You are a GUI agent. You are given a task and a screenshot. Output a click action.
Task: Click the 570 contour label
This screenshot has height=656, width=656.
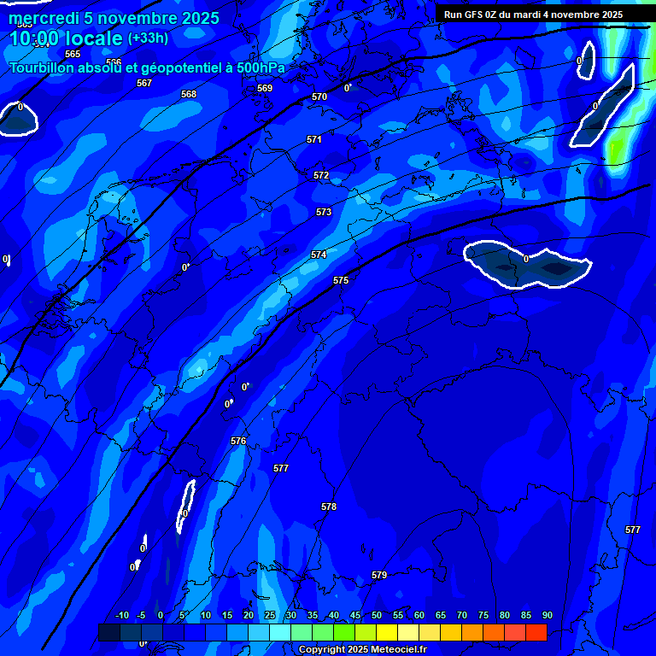click(319, 97)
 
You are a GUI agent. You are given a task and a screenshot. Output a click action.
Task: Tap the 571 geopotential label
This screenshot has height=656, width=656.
click(314, 139)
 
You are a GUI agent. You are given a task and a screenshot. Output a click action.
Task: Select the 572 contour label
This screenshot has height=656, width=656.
click(321, 175)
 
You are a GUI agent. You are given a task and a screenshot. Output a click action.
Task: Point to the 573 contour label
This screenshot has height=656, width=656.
click(324, 212)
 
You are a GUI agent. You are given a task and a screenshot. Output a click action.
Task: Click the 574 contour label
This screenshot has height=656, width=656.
click(319, 255)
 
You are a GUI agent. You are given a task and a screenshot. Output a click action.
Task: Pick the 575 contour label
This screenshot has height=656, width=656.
click(341, 280)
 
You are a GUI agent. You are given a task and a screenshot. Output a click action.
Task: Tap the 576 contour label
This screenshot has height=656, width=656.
click(238, 441)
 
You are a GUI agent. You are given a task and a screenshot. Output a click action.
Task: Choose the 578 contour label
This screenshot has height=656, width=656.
click(329, 507)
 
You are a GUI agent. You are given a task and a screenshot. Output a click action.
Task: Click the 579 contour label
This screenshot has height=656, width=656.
click(379, 575)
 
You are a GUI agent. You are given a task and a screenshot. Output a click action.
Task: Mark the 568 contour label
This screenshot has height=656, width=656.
click(189, 94)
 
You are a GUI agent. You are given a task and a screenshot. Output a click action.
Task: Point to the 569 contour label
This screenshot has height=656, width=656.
click(265, 88)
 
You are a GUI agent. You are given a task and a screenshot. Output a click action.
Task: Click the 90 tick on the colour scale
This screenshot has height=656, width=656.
click(547, 615)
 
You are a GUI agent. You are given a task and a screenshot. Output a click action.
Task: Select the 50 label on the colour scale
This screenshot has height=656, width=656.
click(377, 615)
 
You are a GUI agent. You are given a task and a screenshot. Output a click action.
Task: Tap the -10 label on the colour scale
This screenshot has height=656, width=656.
click(121, 615)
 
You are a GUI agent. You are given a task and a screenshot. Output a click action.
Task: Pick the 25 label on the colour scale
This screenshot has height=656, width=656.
click(270, 615)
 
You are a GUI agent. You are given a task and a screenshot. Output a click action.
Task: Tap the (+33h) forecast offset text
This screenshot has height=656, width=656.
click(148, 38)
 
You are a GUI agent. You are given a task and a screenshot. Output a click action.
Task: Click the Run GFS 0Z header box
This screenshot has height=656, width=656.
click(533, 15)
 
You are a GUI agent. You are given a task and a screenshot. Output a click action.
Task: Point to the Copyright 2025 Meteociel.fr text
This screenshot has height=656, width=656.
click(362, 649)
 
